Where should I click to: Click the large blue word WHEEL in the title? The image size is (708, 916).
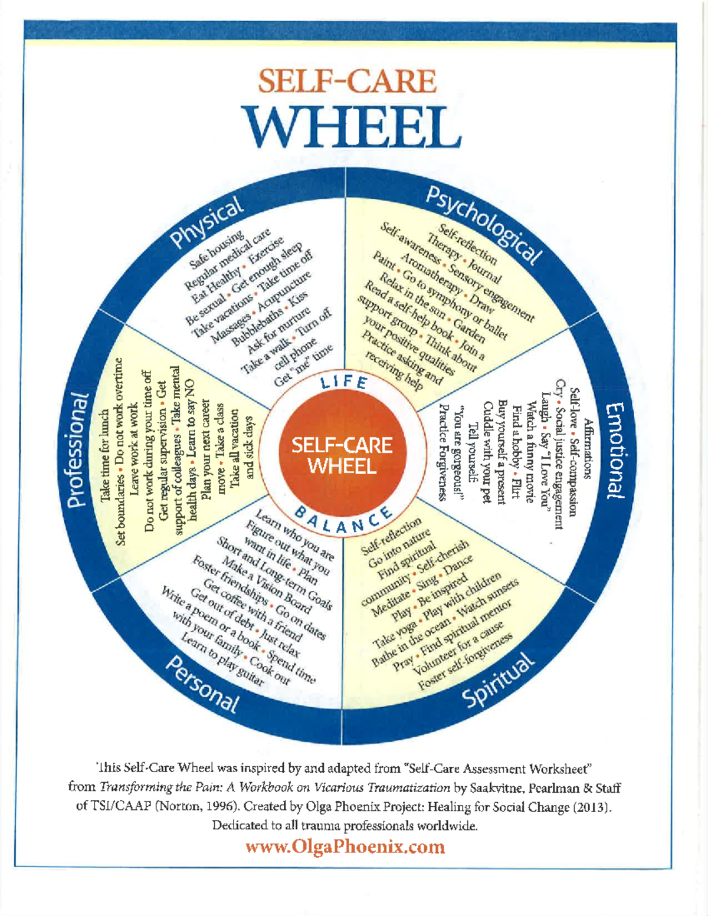click(x=352, y=126)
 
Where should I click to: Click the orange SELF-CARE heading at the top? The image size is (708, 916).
click(x=347, y=81)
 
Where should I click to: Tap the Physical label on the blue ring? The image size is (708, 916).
click(x=206, y=222)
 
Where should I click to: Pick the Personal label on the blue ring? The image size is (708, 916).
click(x=202, y=685)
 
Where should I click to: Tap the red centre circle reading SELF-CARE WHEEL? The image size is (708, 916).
click(x=342, y=456)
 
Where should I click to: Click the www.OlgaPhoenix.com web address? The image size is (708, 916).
click(x=345, y=847)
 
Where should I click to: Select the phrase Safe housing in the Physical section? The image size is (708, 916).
click(x=217, y=251)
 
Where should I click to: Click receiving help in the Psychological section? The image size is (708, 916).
click(x=394, y=372)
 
